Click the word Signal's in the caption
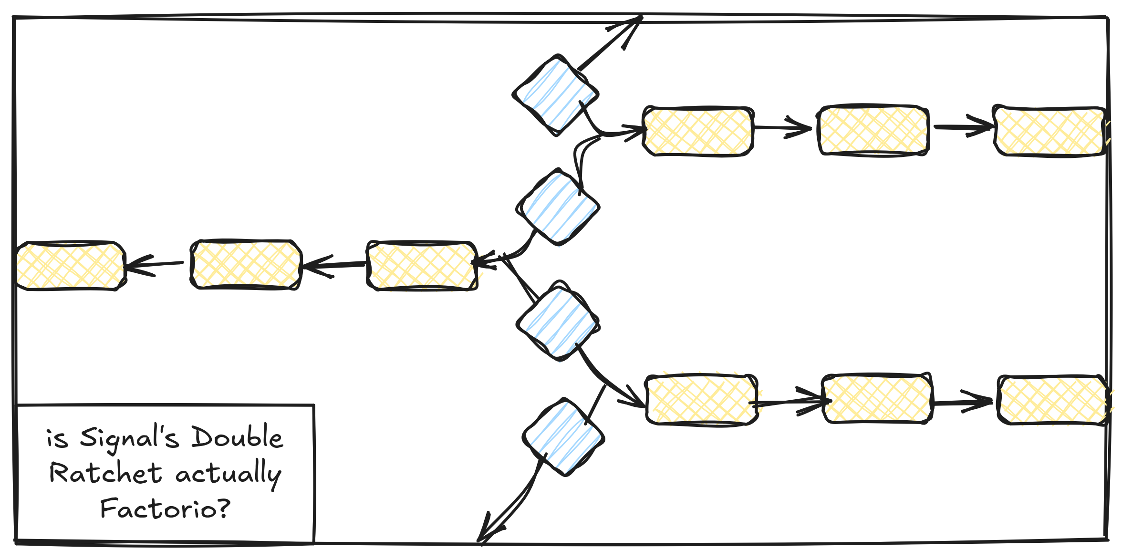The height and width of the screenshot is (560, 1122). tap(129, 438)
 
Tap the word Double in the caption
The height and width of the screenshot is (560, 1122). tap(237, 436)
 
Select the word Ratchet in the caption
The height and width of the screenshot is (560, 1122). tap(105, 473)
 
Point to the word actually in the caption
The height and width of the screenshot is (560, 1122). tap(229, 473)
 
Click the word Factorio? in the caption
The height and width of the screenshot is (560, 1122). tap(165, 508)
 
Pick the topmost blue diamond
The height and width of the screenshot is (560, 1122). tap(555, 95)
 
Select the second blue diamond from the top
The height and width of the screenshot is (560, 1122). tap(558, 207)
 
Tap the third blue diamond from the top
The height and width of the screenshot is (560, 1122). tap(558, 321)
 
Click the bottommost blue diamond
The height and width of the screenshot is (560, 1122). tap(563, 437)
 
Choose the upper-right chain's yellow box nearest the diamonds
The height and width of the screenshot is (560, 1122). tap(698, 131)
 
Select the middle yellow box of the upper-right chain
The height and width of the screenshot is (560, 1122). tap(873, 130)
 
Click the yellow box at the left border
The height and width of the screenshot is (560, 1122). tap(71, 265)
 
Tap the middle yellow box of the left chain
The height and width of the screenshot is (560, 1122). tap(246, 265)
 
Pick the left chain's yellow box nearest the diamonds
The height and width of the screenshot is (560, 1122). tap(422, 265)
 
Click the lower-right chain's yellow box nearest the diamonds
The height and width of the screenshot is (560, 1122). tap(701, 400)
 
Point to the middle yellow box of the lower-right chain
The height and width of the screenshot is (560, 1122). tap(877, 399)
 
